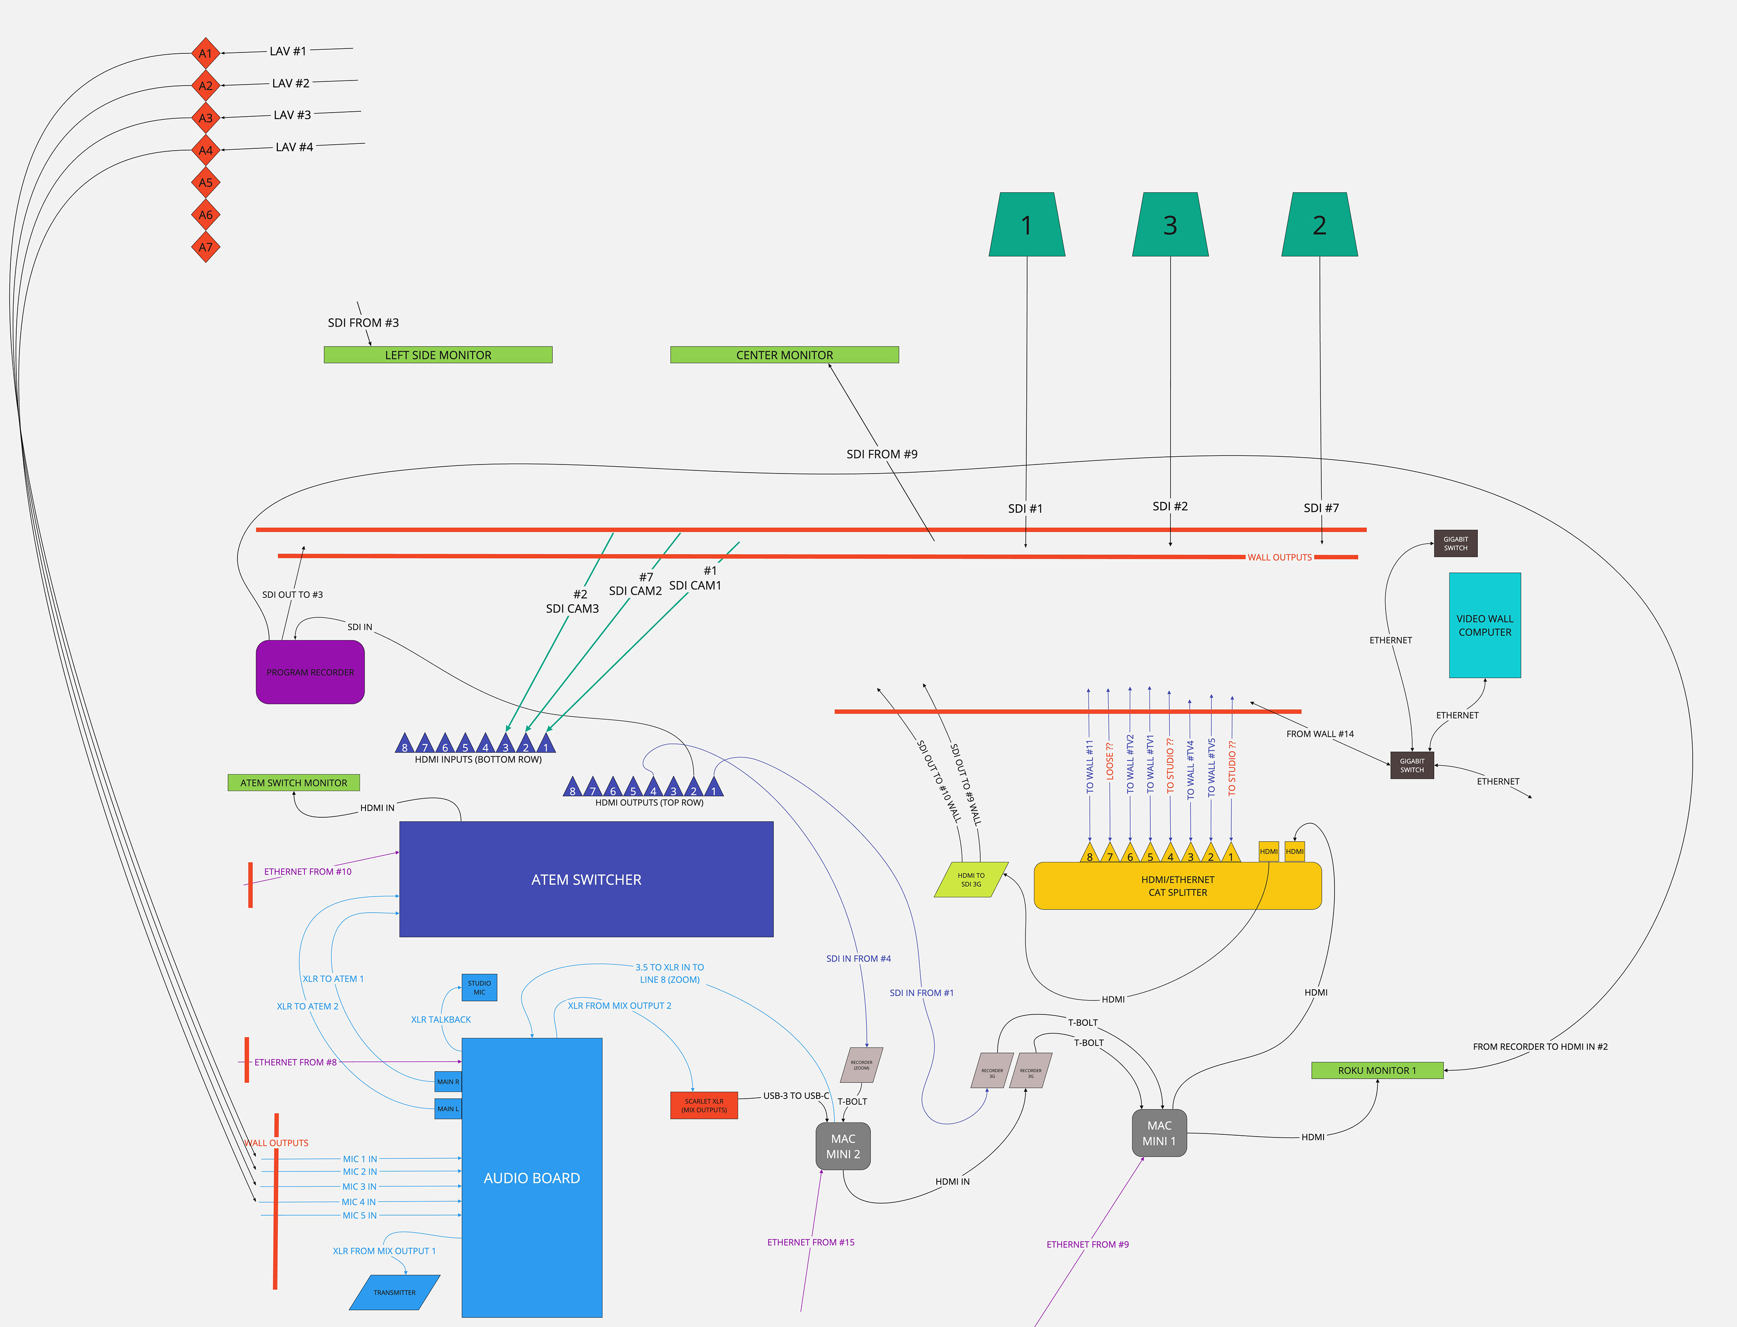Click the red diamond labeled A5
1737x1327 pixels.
pyautogui.click(x=205, y=182)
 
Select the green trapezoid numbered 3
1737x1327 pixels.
pyautogui.click(x=1170, y=225)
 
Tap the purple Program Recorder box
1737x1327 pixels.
pyautogui.click(x=310, y=672)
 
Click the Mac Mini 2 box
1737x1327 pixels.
pyautogui.click(x=843, y=1146)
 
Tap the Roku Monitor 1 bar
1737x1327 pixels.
pyautogui.click(x=1377, y=1070)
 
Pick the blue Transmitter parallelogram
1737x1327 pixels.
pyautogui.click(x=394, y=1292)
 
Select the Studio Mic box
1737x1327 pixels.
pyautogui.click(x=479, y=987)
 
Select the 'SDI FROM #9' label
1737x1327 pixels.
pyautogui.click(x=882, y=454)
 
